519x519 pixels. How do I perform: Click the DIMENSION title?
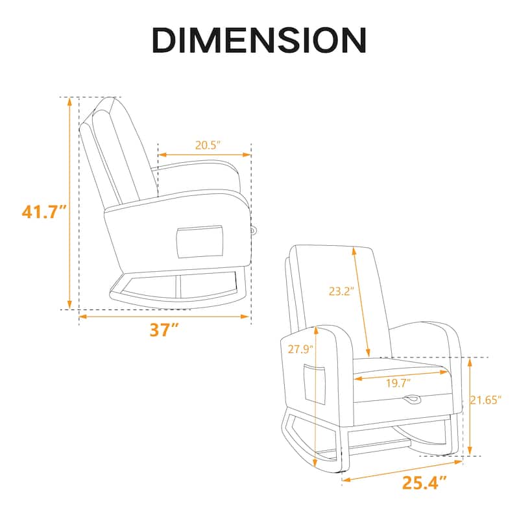point(259,40)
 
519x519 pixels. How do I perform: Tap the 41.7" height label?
point(44,212)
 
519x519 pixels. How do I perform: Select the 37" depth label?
point(164,330)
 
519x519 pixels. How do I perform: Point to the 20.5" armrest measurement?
point(208,145)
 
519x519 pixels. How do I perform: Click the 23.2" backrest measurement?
point(341,291)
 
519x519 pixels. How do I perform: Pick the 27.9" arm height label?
point(300,349)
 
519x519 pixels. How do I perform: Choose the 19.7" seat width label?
point(398,383)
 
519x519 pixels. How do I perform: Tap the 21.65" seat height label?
point(485,400)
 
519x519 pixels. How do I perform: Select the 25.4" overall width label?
point(424,483)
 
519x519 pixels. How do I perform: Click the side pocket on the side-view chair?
point(200,242)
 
